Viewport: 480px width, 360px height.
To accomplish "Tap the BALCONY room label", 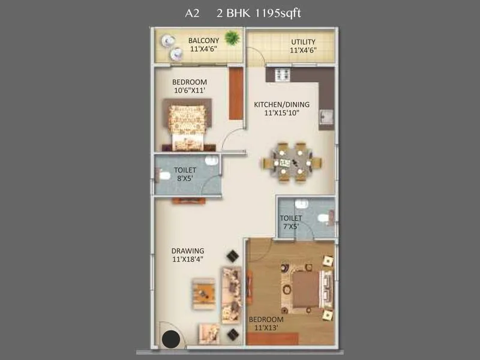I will point(204,41).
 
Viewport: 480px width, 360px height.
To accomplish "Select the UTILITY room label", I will point(303,41).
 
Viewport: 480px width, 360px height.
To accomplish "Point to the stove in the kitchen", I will point(282,74).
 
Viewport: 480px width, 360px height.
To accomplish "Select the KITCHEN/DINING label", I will point(277,104).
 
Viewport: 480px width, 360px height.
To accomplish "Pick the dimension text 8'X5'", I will point(185,178).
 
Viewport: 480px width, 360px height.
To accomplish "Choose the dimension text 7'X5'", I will point(292,226).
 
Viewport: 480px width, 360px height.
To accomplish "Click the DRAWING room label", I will point(188,251).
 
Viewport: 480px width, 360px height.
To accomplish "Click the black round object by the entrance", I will point(172,340).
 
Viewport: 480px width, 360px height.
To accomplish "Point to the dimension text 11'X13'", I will point(266,328).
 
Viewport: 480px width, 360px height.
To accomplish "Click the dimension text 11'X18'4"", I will point(188,259).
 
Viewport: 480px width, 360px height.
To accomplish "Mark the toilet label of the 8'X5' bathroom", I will point(185,170).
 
